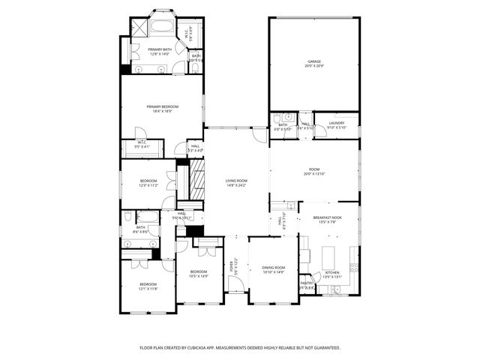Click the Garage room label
point(313,61)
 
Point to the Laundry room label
point(336,123)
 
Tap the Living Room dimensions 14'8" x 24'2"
point(236,185)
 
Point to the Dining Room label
point(273,268)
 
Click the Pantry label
point(307,283)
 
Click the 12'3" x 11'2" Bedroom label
point(148,181)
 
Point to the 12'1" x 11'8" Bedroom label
point(148,284)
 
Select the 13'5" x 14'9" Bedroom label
point(198,271)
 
